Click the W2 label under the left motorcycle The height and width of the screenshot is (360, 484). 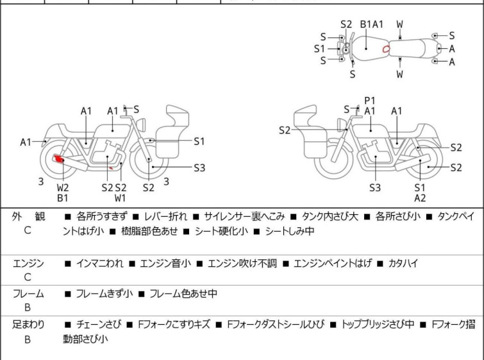(x=63, y=187)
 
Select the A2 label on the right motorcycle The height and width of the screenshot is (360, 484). (x=420, y=198)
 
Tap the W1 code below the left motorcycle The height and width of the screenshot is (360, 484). (x=120, y=198)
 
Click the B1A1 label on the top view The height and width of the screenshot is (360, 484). (x=372, y=24)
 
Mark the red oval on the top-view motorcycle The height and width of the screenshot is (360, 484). (x=386, y=49)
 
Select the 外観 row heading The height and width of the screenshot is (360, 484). (x=28, y=217)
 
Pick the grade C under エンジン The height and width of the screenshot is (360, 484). (x=28, y=277)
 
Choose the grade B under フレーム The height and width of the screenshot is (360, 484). (x=28, y=308)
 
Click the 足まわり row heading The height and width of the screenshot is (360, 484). (x=28, y=325)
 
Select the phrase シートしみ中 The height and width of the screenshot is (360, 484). (x=290, y=231)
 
